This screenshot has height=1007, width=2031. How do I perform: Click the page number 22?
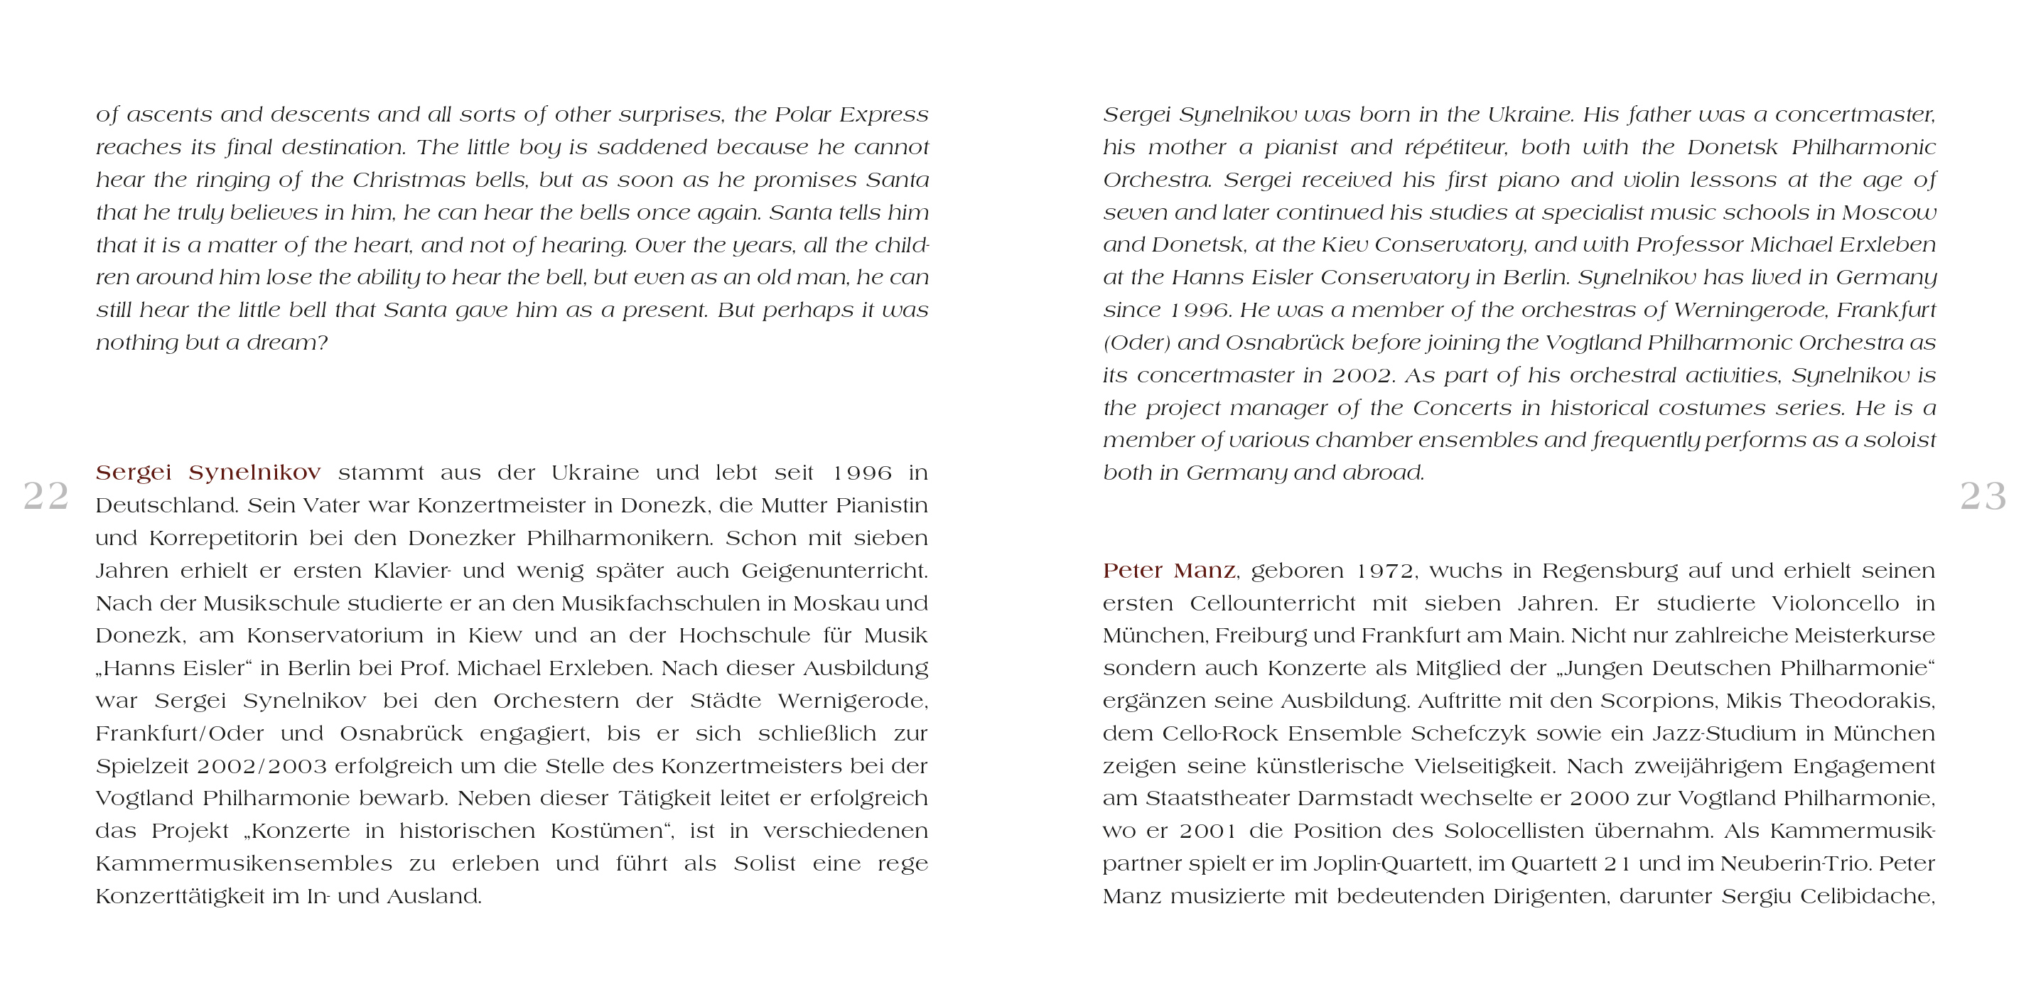45,496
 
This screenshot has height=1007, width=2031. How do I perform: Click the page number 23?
1983,496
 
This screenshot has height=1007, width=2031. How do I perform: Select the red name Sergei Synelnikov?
208,473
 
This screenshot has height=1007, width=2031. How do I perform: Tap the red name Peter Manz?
1169,570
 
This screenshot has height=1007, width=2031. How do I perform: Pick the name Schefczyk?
1469,733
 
